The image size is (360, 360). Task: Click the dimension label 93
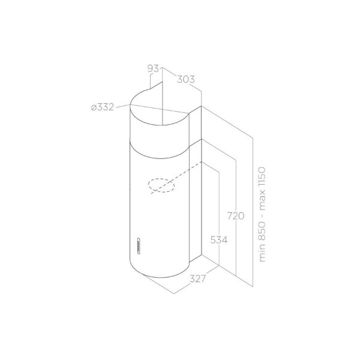pyautogui.click(x=153, y=68)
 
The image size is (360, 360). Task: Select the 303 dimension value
pyautogui.click(x=186, y=79)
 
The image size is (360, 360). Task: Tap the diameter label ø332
pyautogui.click(x=103, y=107)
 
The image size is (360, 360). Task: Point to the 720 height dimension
pyautogui.click(x=236, y=216)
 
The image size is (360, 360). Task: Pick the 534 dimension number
pyautogui.click(x=219, y=240)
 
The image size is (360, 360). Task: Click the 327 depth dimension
pyautogui.click(x=197, y=279)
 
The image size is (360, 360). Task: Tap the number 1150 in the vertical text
pyautogui.click(x=262, y=176)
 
